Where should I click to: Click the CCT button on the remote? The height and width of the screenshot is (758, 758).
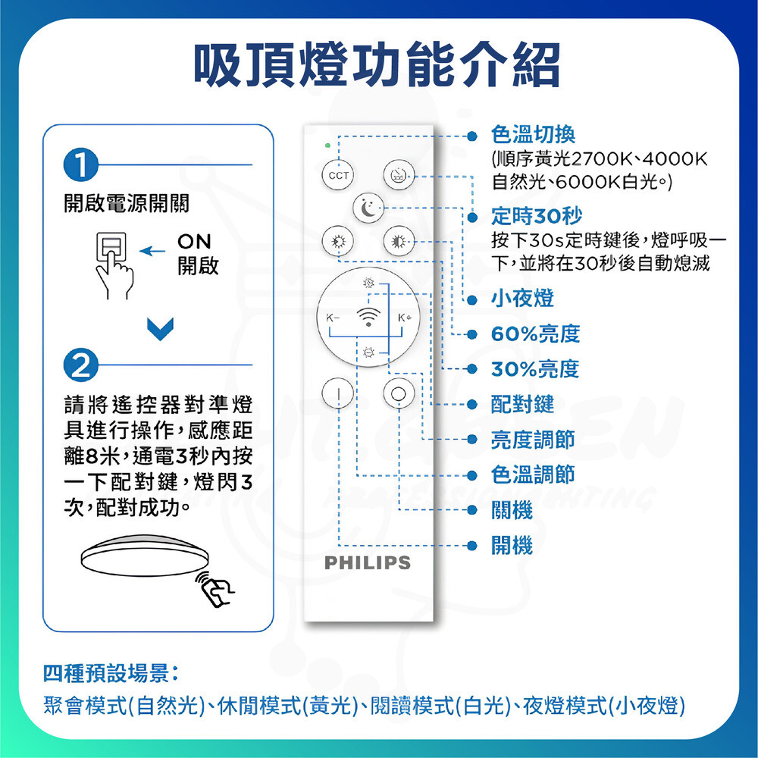point(338,175)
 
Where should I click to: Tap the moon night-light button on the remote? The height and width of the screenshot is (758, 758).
point(368,208)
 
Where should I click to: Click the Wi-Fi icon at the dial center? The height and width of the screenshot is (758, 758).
point(368,317)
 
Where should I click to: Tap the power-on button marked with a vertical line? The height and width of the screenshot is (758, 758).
point(338,394)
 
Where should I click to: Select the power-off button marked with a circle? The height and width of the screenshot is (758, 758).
point(399,394)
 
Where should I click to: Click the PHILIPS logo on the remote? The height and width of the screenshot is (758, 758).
point(368,562)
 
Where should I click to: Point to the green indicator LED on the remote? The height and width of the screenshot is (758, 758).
point(327,145)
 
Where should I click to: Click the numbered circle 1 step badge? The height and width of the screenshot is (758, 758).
point(81,164)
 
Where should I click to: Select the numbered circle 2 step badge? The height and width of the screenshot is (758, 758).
point(81,365)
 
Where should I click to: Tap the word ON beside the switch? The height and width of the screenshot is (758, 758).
point(194,241)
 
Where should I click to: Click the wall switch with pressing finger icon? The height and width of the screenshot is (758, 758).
point(114,265)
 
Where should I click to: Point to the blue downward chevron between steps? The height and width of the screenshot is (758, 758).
point(160,329)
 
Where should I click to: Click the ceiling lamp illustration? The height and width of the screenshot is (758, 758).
point(145,556)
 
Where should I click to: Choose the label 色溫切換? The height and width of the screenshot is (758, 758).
point(533,134)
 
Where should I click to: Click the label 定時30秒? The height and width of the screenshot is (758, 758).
point(537,216)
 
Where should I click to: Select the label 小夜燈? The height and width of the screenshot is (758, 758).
point(522,298)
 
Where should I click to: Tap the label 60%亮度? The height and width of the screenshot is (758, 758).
point(536,334)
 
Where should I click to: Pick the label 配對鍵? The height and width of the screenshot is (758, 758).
point(522,404)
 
